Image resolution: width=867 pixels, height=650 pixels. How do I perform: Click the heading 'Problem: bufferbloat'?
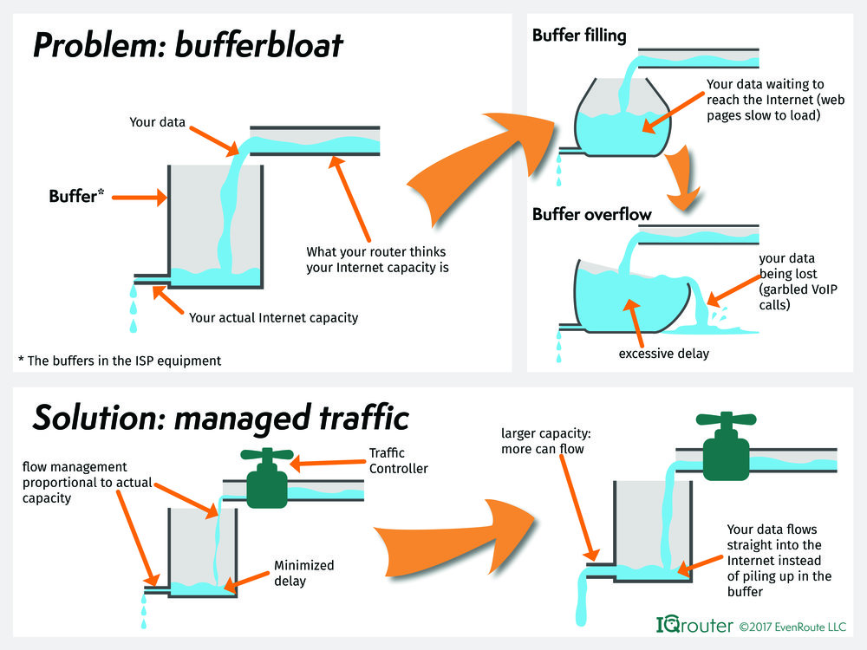(x=188, y=45)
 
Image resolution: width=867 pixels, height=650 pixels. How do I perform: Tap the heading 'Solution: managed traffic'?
(x=221, y=419)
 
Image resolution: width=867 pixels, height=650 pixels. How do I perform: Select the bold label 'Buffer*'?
(x=76, y=196)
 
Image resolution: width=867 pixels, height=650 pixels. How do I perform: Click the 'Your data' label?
(x=157, y=122)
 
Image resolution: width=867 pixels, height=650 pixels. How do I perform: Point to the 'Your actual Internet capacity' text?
(x=274, y=318)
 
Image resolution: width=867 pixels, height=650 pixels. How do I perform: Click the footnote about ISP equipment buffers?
(x=120, y=361)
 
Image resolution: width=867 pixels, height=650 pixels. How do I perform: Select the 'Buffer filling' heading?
(x=579, y=36)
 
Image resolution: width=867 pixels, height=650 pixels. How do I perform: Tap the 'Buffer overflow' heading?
(x=591, y=214)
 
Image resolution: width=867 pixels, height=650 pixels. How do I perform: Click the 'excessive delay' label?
(x=663, y=354)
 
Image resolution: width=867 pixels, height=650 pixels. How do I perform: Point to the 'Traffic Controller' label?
(x=399, y=460)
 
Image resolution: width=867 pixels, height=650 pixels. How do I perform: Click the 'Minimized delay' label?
(x=304, y=573)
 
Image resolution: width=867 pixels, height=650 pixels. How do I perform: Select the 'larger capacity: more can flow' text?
(x=545, y=441)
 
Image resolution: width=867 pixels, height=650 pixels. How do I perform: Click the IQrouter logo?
(x=694, y=625)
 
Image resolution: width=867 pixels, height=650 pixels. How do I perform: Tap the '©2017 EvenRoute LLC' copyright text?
(x=792, y=627)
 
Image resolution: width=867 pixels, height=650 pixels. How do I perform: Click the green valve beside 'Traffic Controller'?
(x=267, y=478)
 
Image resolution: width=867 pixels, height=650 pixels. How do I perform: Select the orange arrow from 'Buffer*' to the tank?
(x=140, y=198)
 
